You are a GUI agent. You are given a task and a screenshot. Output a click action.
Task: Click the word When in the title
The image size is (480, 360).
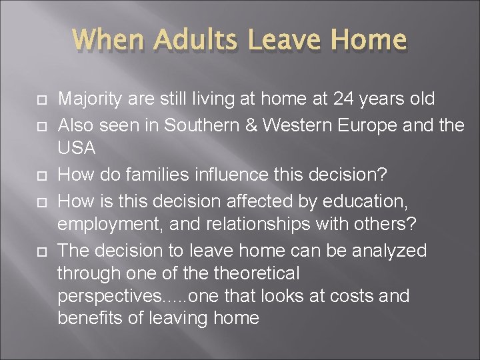109,41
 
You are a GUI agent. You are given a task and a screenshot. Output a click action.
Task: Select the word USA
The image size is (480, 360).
77,149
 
